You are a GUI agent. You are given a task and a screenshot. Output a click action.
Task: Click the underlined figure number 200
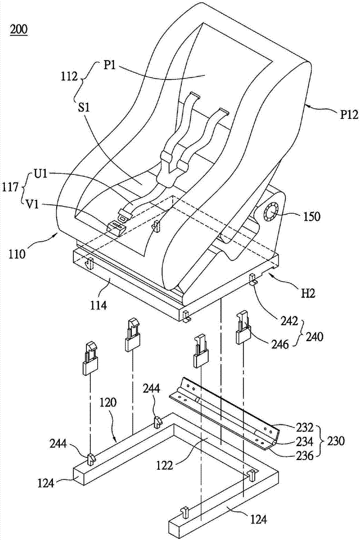(x=20, y=29)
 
